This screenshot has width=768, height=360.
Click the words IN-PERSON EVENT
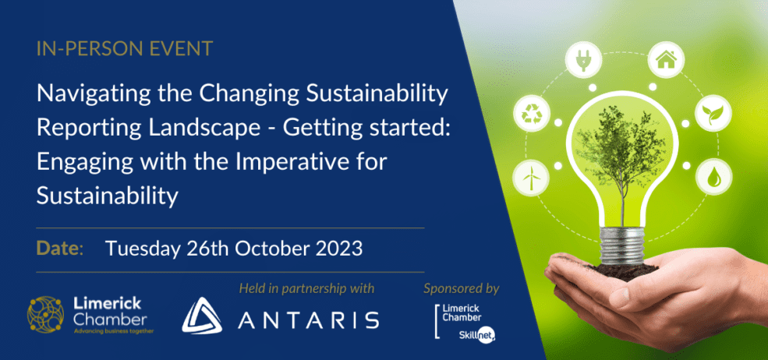tap(125, 48)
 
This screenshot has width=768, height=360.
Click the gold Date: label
tap(60, 249)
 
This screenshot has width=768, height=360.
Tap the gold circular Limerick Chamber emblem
tap(45, 315)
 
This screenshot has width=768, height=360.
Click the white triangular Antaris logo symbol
tap(201, 315)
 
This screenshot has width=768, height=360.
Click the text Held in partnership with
tap(306, 288)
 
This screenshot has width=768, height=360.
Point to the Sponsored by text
tap(462, 289)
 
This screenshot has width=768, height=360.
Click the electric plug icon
tap(583, 60)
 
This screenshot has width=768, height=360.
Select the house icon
tap(665, 60)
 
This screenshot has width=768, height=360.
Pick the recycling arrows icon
tap(532, 113)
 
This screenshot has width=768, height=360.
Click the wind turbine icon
tap(529, 177)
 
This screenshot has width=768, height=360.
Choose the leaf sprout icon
tap(713, 113)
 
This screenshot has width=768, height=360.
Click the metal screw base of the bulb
tap(622, 245)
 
